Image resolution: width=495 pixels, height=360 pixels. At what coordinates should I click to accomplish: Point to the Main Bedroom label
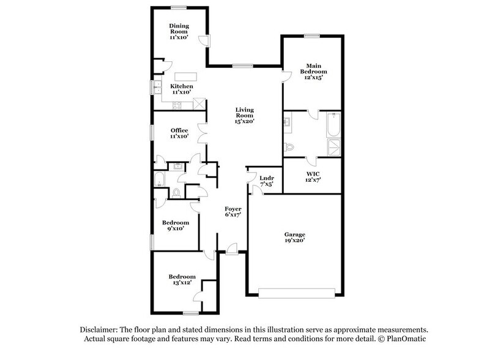click(x=311, y=71)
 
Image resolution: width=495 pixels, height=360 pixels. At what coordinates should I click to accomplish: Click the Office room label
click(x=179, y=133)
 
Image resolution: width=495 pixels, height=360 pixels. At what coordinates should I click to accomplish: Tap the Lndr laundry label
click(x=266, y=181)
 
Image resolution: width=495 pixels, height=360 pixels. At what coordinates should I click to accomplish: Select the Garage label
click(x=294, y=238)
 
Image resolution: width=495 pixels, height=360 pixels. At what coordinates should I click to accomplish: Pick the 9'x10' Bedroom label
click(x=176, y=225)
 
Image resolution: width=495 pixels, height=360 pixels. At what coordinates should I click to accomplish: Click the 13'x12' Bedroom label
click(x=182, y=280)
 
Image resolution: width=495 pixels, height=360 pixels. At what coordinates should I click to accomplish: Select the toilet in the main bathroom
click(x=289, y=147)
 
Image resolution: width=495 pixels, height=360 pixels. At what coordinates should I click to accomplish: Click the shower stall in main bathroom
click(x=333, y=147)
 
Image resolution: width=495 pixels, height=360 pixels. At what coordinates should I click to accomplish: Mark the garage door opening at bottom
click(x=294, y=292)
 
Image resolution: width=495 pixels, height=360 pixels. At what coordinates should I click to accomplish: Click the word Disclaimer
click(x=97, y=329)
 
